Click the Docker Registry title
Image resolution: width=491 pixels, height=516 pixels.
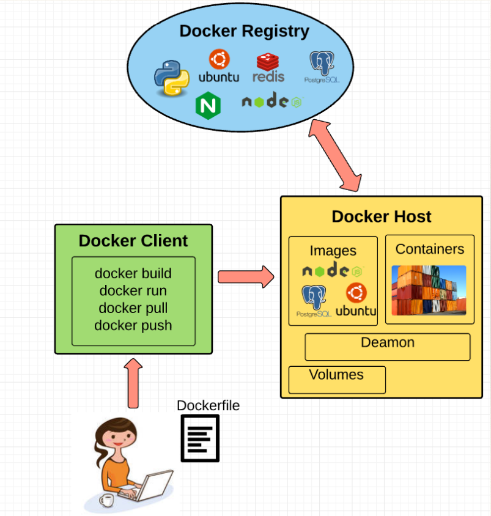click(244, 31)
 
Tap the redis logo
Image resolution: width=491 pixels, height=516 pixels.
click(268, 68)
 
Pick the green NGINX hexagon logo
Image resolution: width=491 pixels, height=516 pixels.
click(207, 105)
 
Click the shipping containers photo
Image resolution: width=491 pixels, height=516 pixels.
click(429, 290)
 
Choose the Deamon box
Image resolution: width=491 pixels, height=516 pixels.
click(388, 347)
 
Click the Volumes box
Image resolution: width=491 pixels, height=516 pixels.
click(337, 380)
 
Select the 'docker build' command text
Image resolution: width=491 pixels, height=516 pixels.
click(133, 273)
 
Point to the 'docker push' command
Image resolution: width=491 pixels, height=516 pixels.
click(133, 325)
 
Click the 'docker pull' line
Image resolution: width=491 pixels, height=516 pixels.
click(133, 308)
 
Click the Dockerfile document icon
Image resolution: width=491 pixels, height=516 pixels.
click(200, 438)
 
